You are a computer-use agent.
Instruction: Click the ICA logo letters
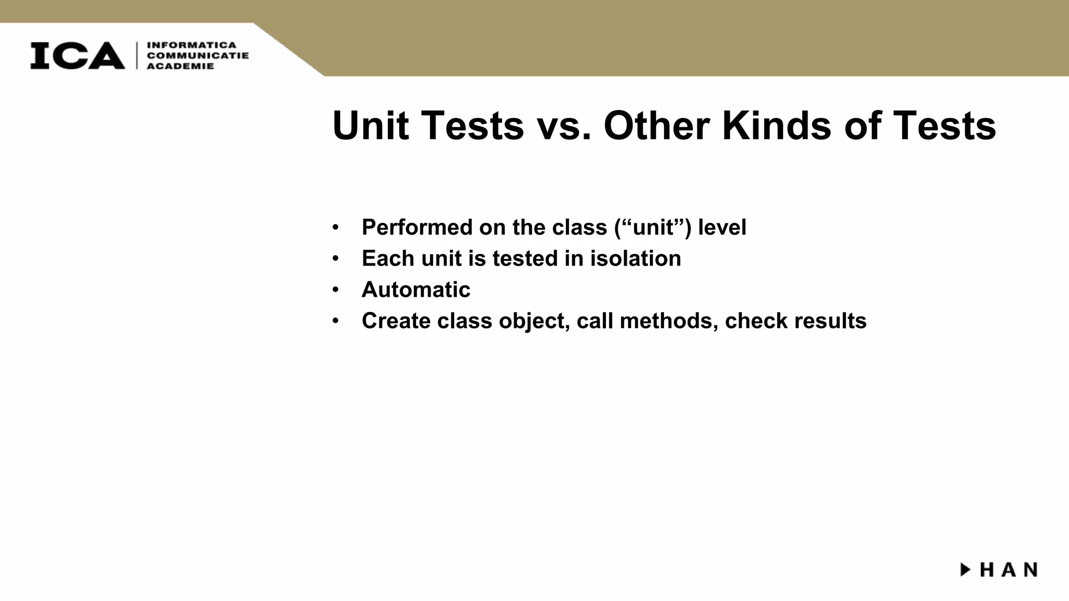coord(77,55)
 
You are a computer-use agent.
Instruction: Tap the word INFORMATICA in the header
coord(192,45)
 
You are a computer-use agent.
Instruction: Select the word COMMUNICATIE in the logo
coord(198,55)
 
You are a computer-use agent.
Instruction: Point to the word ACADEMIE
coord(181,66)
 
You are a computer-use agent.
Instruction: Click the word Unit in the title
coord(370,126)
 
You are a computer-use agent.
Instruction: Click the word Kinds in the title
coord(776,126)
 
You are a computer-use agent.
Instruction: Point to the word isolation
coord(635,259)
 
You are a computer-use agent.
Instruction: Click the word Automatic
coord(416,290)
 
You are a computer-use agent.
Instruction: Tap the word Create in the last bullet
coord(396,321)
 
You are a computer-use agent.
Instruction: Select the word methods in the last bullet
coord(666,321)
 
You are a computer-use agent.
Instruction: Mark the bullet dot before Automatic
coord(336,290)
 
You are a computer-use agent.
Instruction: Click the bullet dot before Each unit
coord(336,259)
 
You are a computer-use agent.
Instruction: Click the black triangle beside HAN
coord(966,569)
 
